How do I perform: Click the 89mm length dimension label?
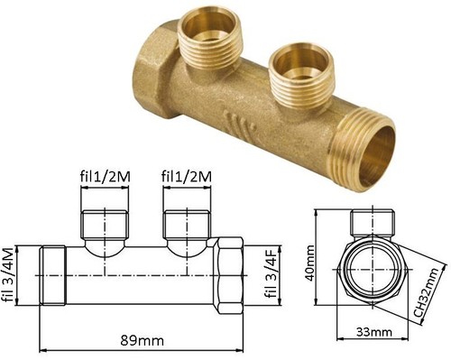143,341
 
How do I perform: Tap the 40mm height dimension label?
309,263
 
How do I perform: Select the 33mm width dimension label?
374,332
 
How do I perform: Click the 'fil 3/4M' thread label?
8,274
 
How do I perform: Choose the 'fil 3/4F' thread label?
272,273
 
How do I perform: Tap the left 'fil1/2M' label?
106,177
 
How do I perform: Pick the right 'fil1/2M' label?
187,177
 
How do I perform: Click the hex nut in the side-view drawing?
230,275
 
